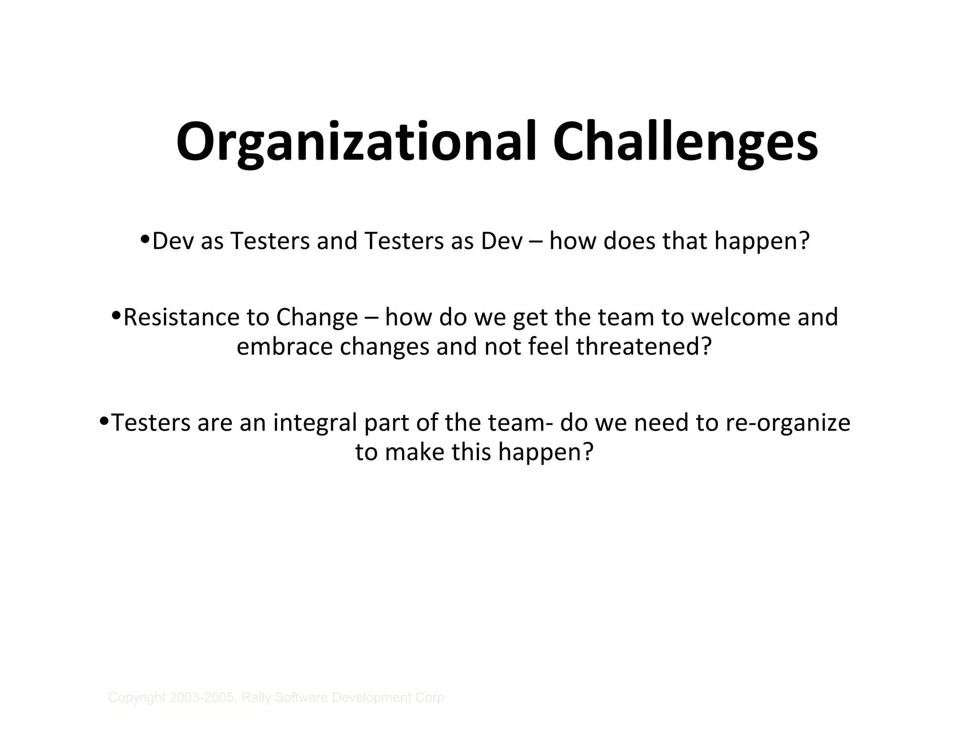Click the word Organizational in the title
[357, 142]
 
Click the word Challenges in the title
[685, 142]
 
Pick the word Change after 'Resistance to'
[316, 317]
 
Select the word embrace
[284, 346]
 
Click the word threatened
[643, 346]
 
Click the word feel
[549, 346]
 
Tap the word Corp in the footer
[432, 698]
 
